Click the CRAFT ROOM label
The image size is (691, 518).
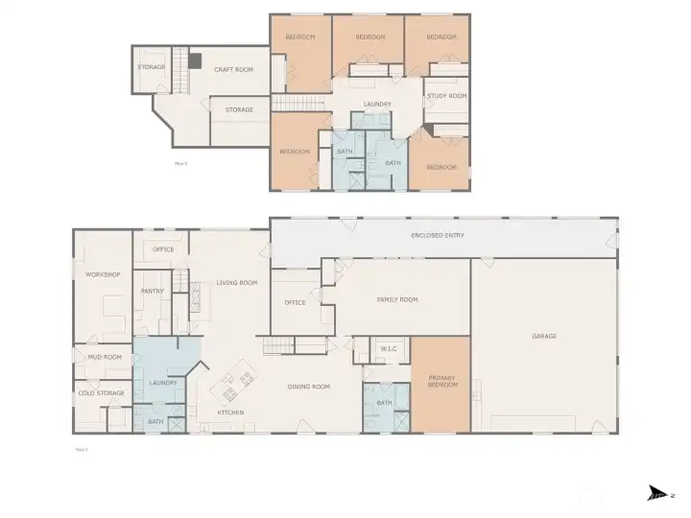point(233,69)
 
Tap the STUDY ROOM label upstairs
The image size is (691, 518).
point(446,96)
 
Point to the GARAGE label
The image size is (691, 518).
point(544,336)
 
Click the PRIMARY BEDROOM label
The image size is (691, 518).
point(441,381)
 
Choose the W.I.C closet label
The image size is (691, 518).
point(389,348)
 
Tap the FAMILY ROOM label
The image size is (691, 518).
point(396,299)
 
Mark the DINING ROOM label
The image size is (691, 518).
point(309,387)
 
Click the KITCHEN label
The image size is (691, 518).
point(230,412)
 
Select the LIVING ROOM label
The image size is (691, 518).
point(236,282)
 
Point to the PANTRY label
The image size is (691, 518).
point(152,291)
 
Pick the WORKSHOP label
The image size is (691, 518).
point(103,275)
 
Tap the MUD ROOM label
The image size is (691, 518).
point(106,357)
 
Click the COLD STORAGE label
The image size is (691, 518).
point(101,392)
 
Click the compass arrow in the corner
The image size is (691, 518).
point(656,493)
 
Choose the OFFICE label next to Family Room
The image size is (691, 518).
point(295,302)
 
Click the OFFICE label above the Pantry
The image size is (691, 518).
point(163,249)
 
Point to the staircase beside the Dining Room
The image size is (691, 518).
point(277,345)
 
